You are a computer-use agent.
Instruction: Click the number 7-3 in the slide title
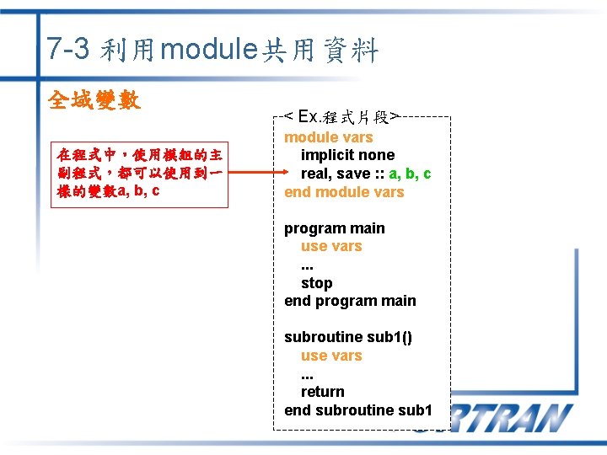(68, 50)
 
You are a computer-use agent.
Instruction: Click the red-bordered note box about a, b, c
(139, 173)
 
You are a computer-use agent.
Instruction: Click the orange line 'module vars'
(328, 137)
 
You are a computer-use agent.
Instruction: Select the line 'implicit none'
(347, 155)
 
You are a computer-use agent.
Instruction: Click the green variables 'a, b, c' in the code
(410, 174)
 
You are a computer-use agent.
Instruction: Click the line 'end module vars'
(344, 192)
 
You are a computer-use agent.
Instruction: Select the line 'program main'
(334, 228)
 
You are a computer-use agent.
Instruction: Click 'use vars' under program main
(331, 246)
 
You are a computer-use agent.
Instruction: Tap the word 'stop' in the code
(316, 283)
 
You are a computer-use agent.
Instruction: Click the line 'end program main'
(350, 301)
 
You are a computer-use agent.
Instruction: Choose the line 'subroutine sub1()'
(348, 337)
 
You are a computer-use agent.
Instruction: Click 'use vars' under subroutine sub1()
(331, 356)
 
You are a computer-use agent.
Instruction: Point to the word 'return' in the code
(322, 392)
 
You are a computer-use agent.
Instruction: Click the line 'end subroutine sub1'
(358, 410)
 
